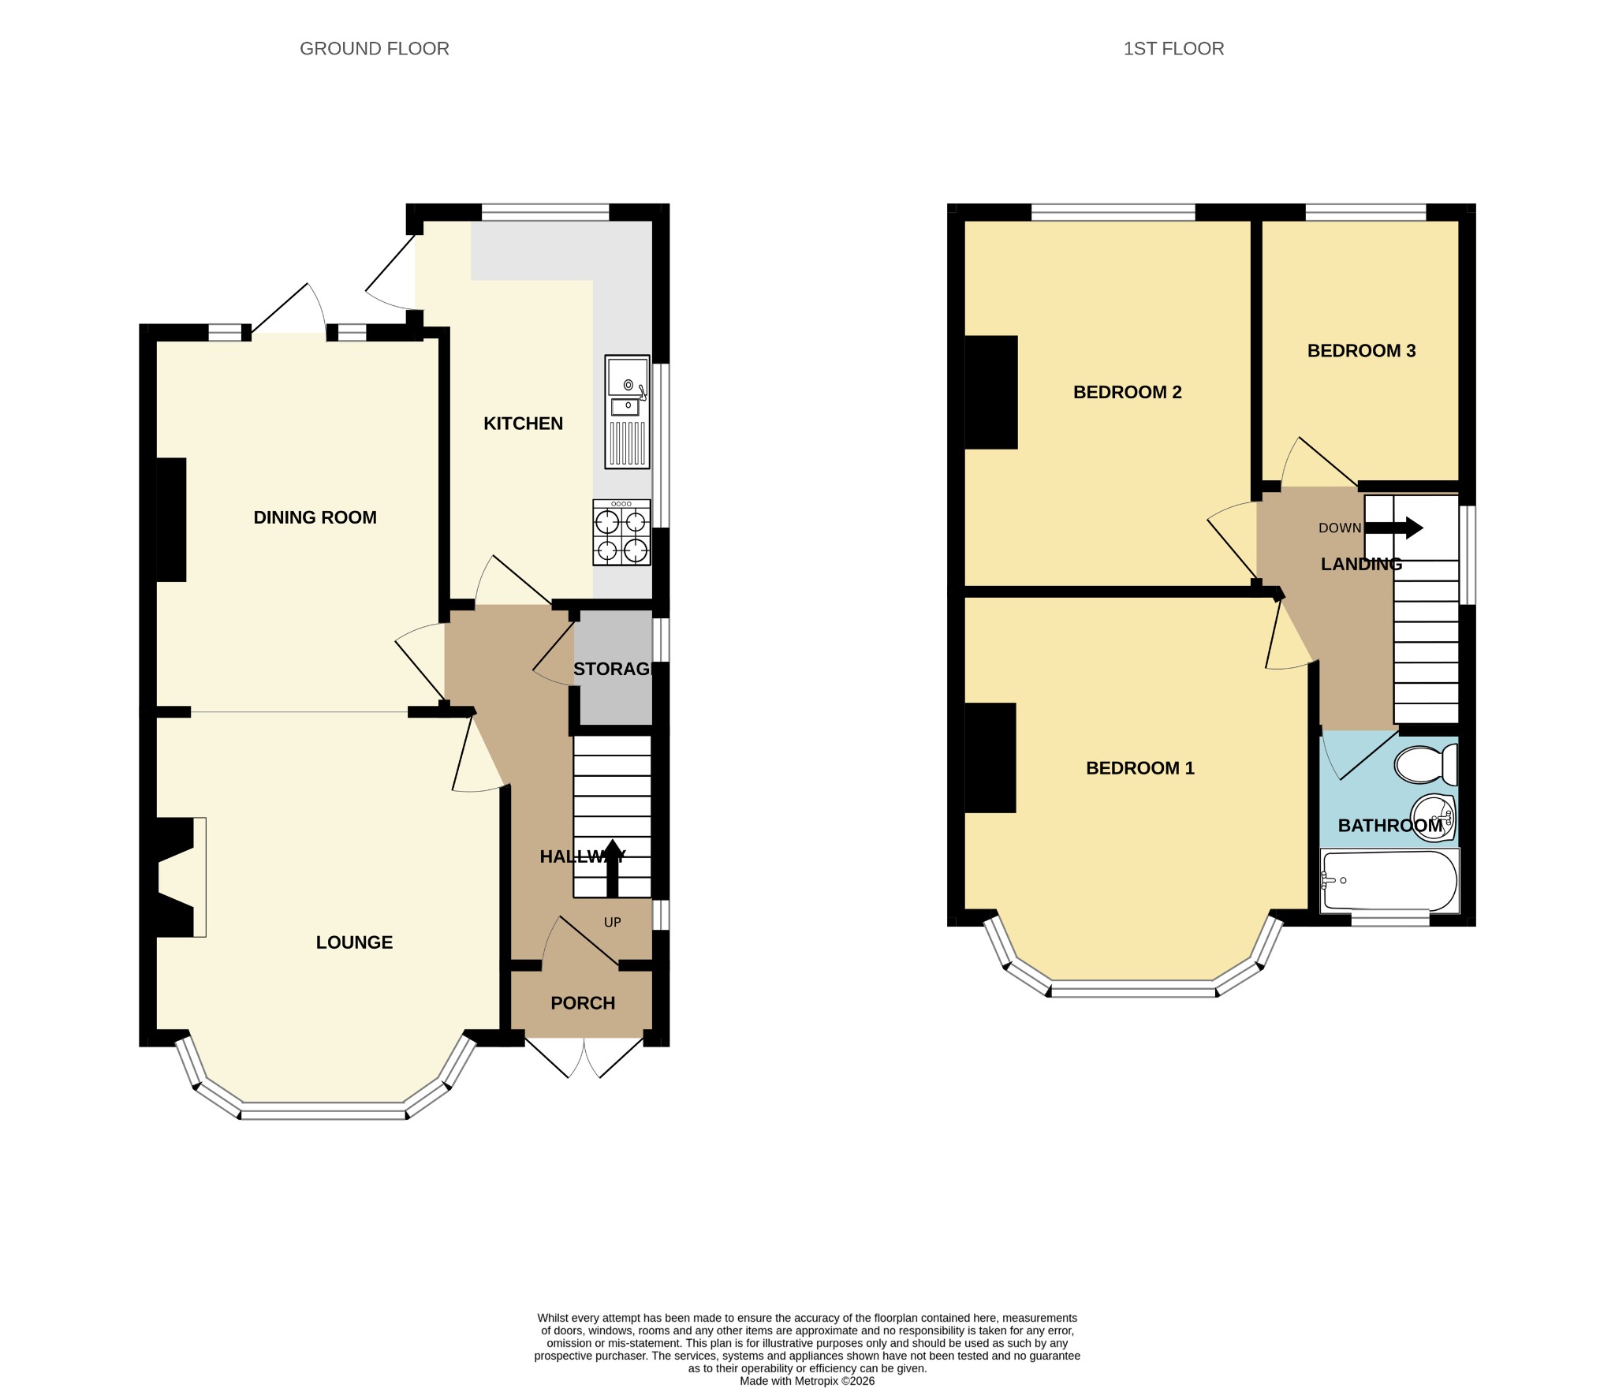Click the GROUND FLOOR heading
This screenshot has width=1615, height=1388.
(x=374, y=49)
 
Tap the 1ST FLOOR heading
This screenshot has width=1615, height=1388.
(x=1173, y=49)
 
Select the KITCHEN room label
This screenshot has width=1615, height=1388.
(x=523, y=423)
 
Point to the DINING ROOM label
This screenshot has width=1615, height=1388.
(x=315, y=517)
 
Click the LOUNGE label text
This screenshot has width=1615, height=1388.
(x=354, y=942)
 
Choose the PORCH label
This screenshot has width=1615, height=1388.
(x=583, y=1003)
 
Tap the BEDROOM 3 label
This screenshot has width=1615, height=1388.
(x=1361, y=351)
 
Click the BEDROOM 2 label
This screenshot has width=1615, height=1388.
(x=1127, y=392)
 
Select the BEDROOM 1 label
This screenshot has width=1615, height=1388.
(x=1139, y=768)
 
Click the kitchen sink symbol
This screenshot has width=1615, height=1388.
(x=628, y=412)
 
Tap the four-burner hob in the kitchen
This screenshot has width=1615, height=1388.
(x=621, y=532)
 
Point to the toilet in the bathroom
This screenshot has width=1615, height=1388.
(x=1426, y=764)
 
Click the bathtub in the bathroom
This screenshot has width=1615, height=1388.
(x=1389, y=880)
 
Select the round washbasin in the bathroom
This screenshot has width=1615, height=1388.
(x=1432, y=817)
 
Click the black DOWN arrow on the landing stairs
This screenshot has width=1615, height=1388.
(x=1393, y=528)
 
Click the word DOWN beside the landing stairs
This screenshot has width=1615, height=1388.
(x=1340, y=528)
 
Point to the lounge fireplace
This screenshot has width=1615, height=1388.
(x=177, y=877)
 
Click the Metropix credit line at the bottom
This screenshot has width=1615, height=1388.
(x=807, y=1381)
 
